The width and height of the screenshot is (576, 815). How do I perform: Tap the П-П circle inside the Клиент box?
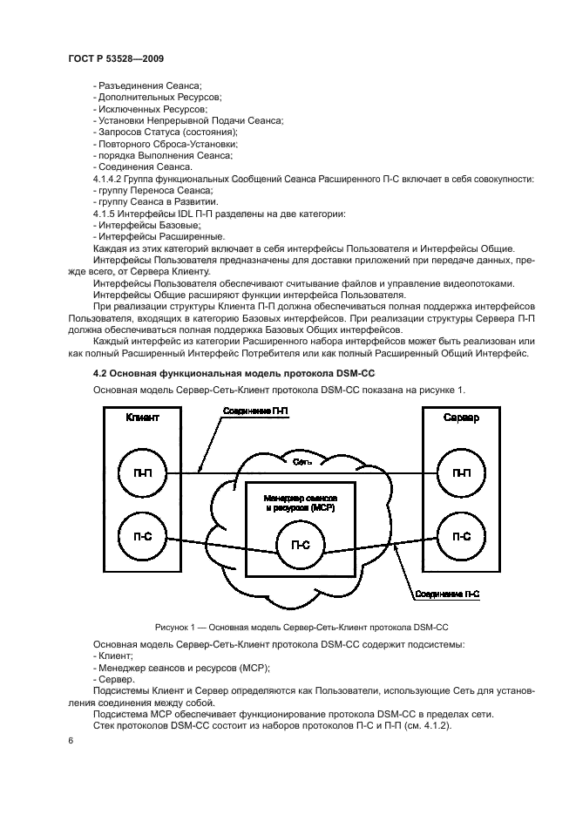(140, 472)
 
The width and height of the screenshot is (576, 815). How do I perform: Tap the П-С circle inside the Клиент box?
(140, 537)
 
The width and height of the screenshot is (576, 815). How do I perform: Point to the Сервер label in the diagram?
(460, 418)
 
